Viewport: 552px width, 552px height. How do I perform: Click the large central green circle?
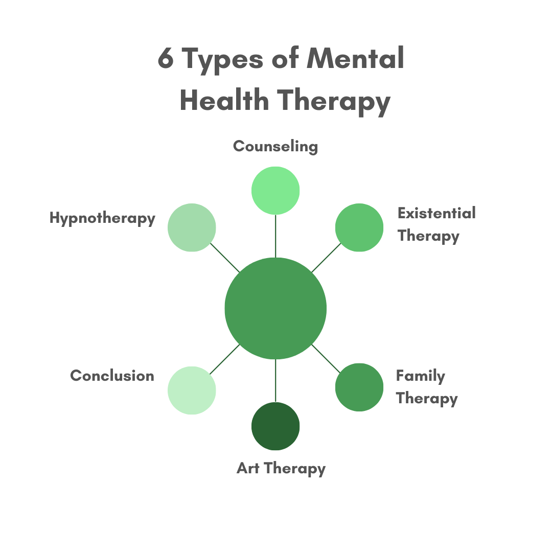(x=275, y=308)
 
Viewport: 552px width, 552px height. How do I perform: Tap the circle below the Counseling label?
(x=275, y=191)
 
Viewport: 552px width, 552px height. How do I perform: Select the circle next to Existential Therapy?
(x=359, y=227)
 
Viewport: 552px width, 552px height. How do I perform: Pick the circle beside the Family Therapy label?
(x=359, y=387)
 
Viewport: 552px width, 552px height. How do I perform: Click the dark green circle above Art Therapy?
(x=275, y=426)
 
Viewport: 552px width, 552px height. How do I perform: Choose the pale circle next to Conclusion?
(x=192, y=390)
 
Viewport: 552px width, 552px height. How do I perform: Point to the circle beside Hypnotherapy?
(x=192, y=227)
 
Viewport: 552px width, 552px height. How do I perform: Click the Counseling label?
(x=275, y=147)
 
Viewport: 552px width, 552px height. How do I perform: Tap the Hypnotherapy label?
(x=102, y=218)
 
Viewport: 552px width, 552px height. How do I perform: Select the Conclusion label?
(x=112, y=376)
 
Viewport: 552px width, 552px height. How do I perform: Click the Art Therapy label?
(x=281, y=468)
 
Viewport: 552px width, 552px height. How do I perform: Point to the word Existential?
(x=436, y=213)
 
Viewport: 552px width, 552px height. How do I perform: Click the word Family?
(x=420, y=376)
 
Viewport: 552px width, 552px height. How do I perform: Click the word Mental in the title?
(x=356, y=59)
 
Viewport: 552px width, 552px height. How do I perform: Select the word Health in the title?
(x=224, y=100)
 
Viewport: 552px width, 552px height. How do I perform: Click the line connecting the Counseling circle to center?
(x=275, y=236)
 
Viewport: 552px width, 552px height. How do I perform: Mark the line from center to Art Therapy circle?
(x=275, y=381)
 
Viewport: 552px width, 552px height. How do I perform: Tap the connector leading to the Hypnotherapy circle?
(x=225, y=258)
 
